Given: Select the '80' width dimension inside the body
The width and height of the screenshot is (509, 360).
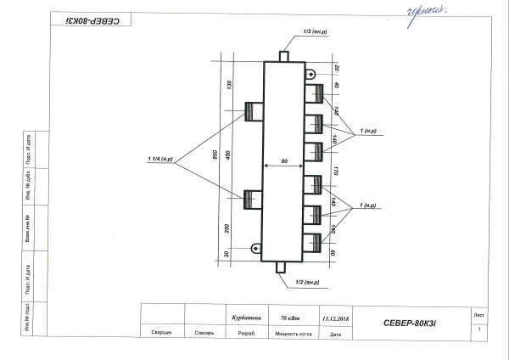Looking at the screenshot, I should [x=284, y=160].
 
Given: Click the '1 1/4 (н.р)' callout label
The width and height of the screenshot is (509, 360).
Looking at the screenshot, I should [x=160, y=160].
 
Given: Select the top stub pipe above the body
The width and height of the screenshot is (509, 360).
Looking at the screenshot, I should [x=284, y=55].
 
